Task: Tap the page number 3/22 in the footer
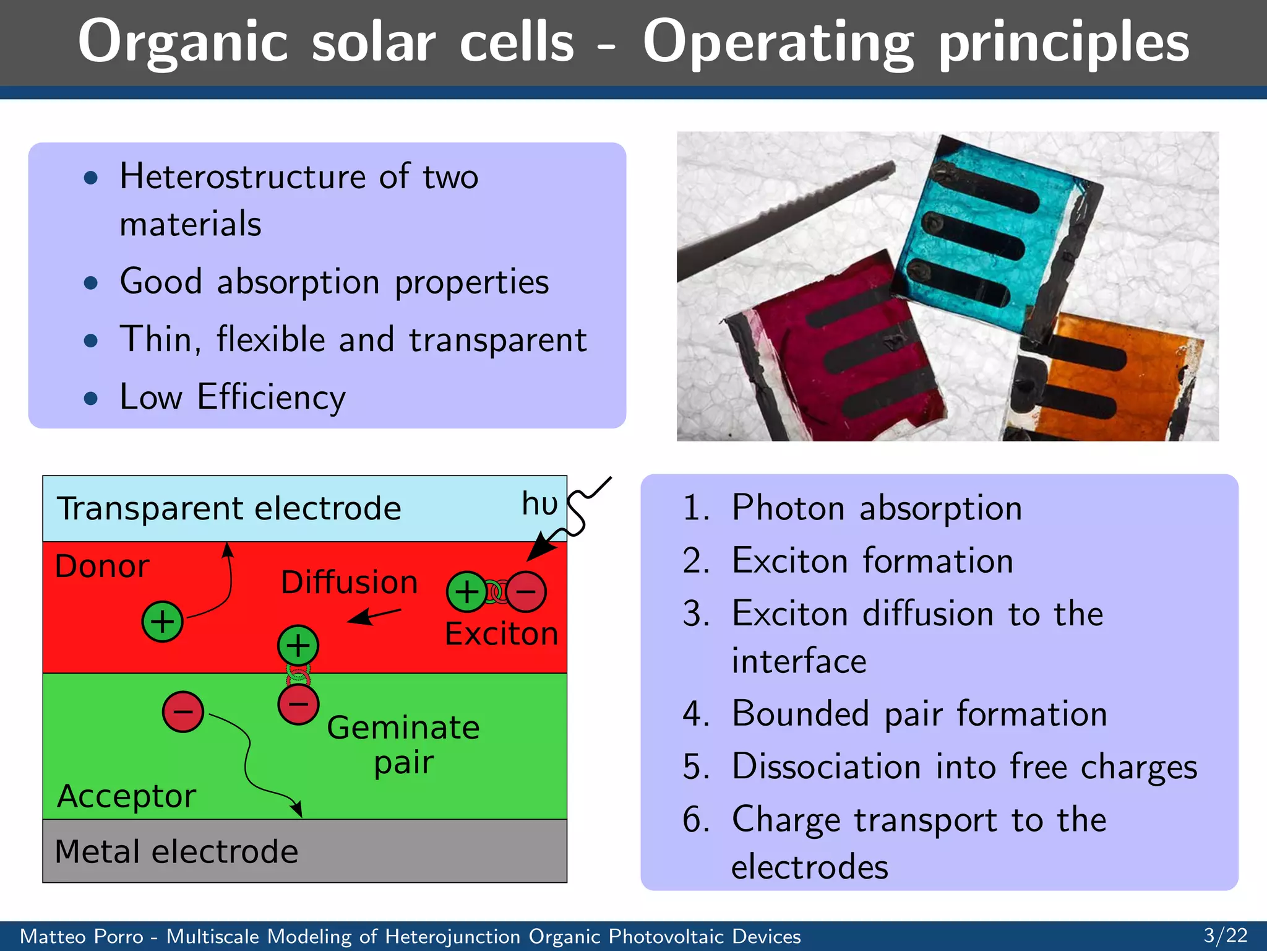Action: click(x=1225, y=935)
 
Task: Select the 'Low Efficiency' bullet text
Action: click(x=233, y=397)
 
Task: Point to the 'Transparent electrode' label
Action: click(x=229, y=509)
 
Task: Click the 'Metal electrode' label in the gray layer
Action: click(x=176, y=851)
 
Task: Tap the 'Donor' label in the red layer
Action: click(x=102, y=566)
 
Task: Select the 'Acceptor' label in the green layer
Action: click(x=126, y=796)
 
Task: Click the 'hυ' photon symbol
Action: click(x=539, y=503)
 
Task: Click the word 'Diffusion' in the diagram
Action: click(x=349, y=583)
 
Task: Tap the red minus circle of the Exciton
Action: click(x=526, y=592)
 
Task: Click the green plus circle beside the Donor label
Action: click(x=162, y=621)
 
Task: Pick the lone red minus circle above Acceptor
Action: click(x=183, y=712)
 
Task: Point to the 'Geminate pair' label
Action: click(x=403, y=744)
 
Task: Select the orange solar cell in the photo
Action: click(x=1107, y=378)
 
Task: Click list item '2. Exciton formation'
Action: click(x=848, y=561)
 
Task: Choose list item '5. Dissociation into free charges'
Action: click(x=939, y=766)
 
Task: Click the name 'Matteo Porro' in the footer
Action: click(x=82, y=936)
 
